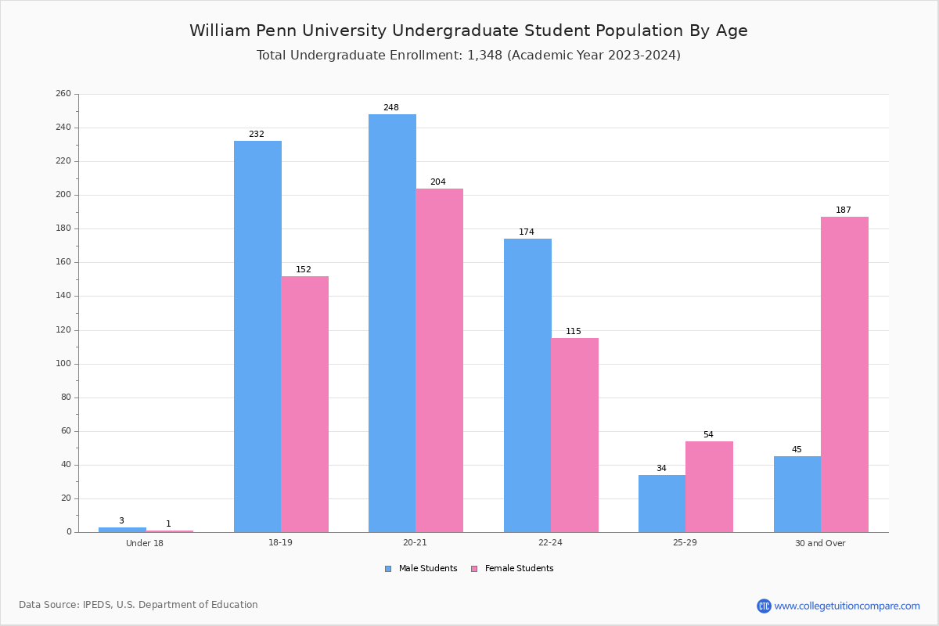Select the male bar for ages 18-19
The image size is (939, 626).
(257, 336)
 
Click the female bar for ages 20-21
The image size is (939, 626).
(439, 361)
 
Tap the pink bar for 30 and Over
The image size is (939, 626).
(844, 374)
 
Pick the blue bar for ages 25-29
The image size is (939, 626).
(662, 504)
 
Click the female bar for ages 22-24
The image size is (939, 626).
(574, 435)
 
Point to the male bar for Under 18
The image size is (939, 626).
(122, 530)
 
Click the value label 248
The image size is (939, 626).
(391, 107)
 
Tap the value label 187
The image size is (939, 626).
(844, 210)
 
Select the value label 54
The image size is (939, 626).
(708, 434)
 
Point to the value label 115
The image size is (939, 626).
(573, 331)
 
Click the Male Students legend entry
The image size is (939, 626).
(421, 568)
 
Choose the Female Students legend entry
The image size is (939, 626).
(513, 568)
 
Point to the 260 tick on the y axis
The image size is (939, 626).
(63, 93)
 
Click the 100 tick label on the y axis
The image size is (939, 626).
(63, 364)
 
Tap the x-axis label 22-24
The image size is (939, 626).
(550, 542)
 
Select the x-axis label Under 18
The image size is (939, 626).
(145, 543)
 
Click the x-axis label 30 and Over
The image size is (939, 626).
(820, 543)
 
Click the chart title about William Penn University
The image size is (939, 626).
(469, 31)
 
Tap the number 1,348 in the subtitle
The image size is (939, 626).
(484, 55)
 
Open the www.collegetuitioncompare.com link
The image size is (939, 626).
(838, 606)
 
